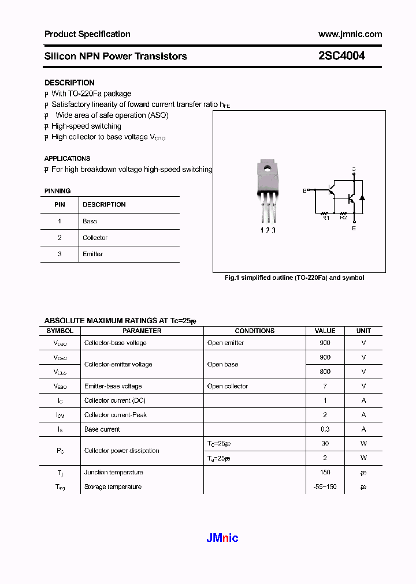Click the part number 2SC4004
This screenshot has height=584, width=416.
(341, 57)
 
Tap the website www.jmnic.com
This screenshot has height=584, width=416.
(350, 34)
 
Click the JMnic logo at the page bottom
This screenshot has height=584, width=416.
(222, 538)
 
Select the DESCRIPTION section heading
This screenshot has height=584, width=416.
(69, 83)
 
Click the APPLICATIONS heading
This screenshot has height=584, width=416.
(67, 158)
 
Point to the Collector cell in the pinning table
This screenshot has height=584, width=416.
(95, 238)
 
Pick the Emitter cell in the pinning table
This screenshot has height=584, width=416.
(93, 254)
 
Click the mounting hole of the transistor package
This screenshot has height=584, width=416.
(267, 169)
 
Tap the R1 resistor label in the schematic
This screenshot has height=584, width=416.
(325, 218)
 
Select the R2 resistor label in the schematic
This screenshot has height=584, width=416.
(343, 218)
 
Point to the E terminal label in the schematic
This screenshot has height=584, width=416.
(354, 229)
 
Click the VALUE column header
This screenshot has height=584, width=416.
(325, 331)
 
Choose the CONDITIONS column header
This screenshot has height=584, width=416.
(255, 331)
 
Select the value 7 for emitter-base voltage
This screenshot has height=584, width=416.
(325, 386)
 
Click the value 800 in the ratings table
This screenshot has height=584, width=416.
(325, 372)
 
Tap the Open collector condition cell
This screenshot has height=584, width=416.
(228, 386)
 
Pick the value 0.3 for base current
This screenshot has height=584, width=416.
(325, 429)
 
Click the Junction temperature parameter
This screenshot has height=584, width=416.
(113, 472)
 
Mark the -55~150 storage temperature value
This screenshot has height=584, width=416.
(324, 486)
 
